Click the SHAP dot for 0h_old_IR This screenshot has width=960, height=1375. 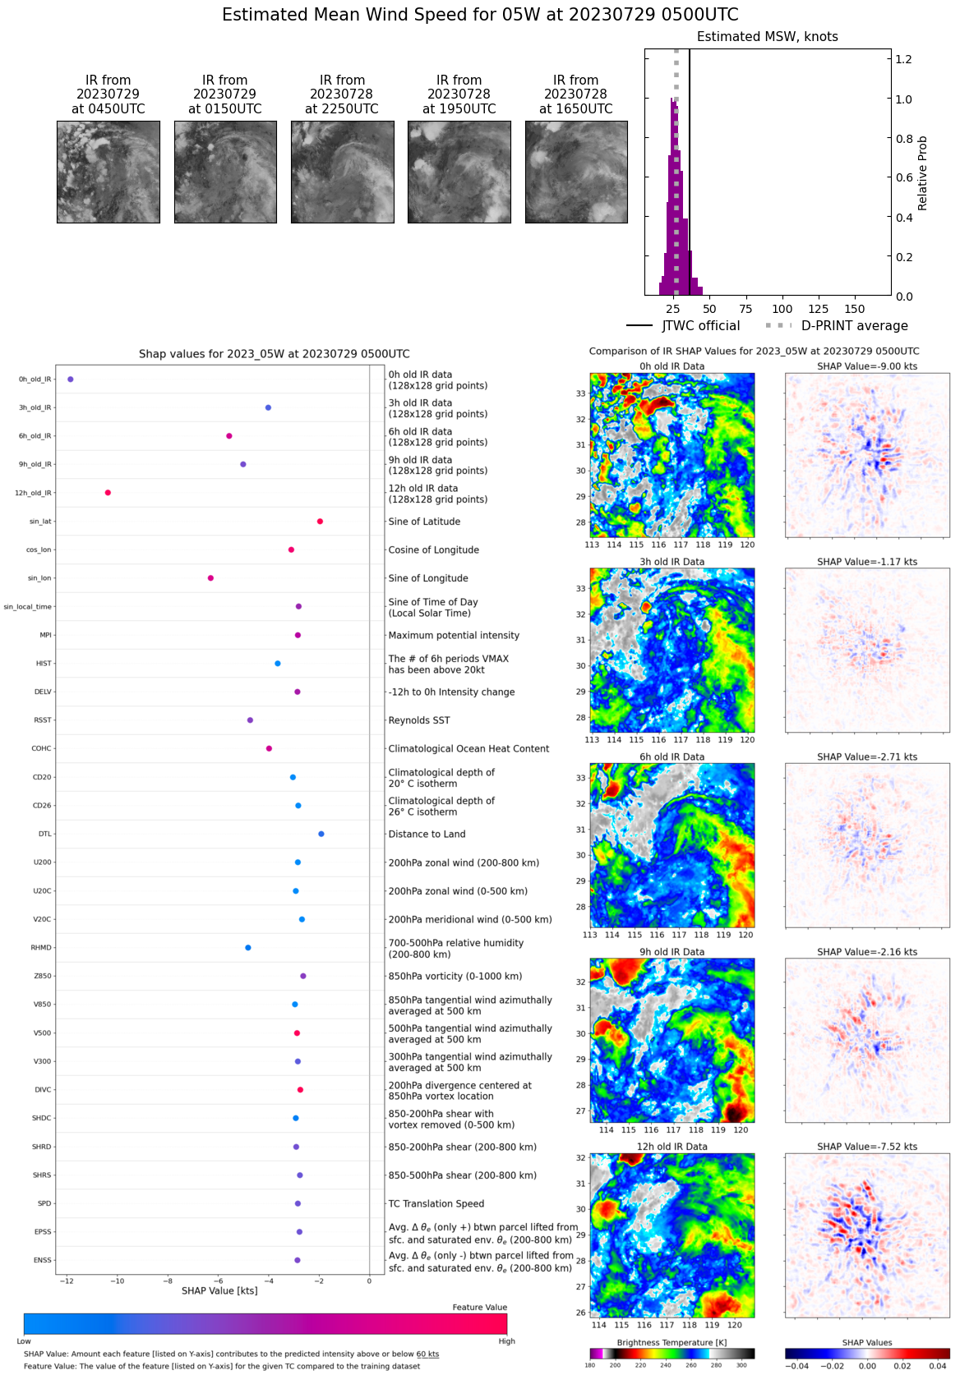click(71, 379)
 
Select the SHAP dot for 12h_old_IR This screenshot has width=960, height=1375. click(108, 493)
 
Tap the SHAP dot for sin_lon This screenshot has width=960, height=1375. click(210, 578)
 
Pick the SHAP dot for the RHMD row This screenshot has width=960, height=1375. click(248, 948)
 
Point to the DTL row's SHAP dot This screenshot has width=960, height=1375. click(321, 834)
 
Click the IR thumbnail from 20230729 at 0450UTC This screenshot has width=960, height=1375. click(108, 172)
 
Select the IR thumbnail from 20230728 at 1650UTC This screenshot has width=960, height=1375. click(576, 172)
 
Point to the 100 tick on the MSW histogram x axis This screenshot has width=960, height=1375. click(782, 309)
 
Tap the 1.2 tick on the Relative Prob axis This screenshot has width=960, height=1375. click(903, 59)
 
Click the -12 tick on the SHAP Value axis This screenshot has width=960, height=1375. click(67, 1281)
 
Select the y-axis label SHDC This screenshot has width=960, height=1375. click(42, 1118)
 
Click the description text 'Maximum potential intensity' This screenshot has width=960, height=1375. click(454, 635)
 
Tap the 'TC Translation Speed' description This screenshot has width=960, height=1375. click(436, 1203)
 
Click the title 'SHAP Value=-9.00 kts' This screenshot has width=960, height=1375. click(867, 366)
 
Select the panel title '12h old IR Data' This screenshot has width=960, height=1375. click(672, 1147)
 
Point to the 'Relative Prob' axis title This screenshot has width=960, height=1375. click(922, 173)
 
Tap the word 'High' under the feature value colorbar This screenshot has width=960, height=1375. click(506, 1341)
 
